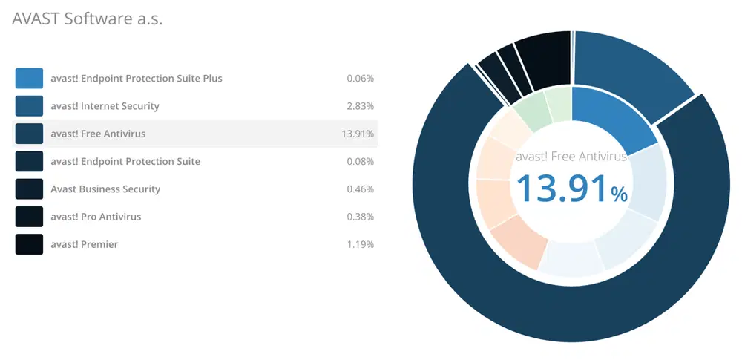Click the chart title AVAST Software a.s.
click(x=87, y=19)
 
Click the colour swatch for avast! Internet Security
click(x=29, y=106)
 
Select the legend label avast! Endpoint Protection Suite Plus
click(x=137, y=79)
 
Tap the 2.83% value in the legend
click(x=360, y=106)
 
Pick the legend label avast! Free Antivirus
click(x=98, y=134)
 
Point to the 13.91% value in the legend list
click(x=357, y=134)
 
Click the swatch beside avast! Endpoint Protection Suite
click(x=29, y=161)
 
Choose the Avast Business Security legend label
click(x=105, y=189)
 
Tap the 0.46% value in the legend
click(x=360, y=189)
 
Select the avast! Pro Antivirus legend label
click(x=96, y=217)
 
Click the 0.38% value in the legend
click(x=360, y=217)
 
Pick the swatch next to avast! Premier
click(x=29, y=244)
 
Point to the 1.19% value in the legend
click(x=360, y=244)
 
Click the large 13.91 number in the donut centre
click(x=562, y=188)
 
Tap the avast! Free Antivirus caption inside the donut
click(x=571, y=157)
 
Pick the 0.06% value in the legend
click(x=360, y=79)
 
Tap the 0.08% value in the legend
click(x=360, y=161)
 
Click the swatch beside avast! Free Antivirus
click(x=29, y=134)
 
